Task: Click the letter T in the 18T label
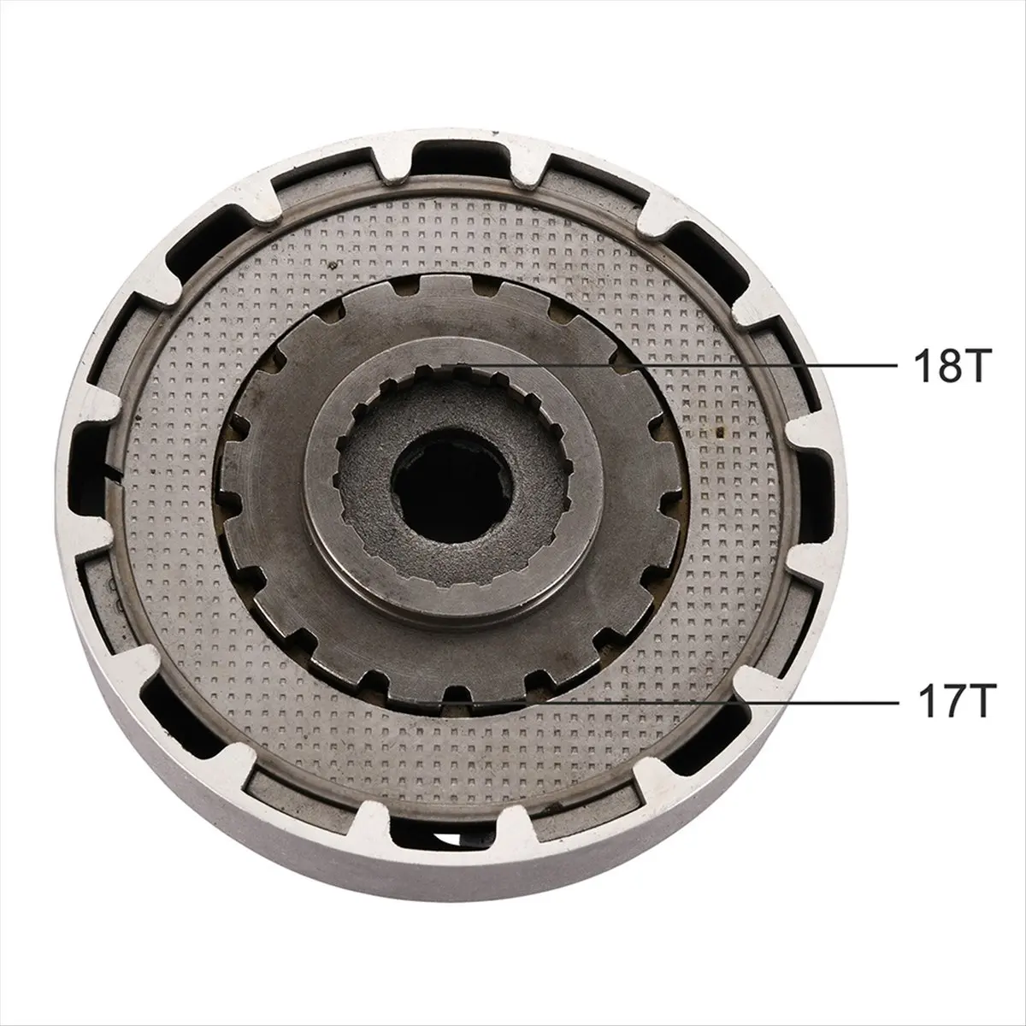(x=969, y=366)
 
